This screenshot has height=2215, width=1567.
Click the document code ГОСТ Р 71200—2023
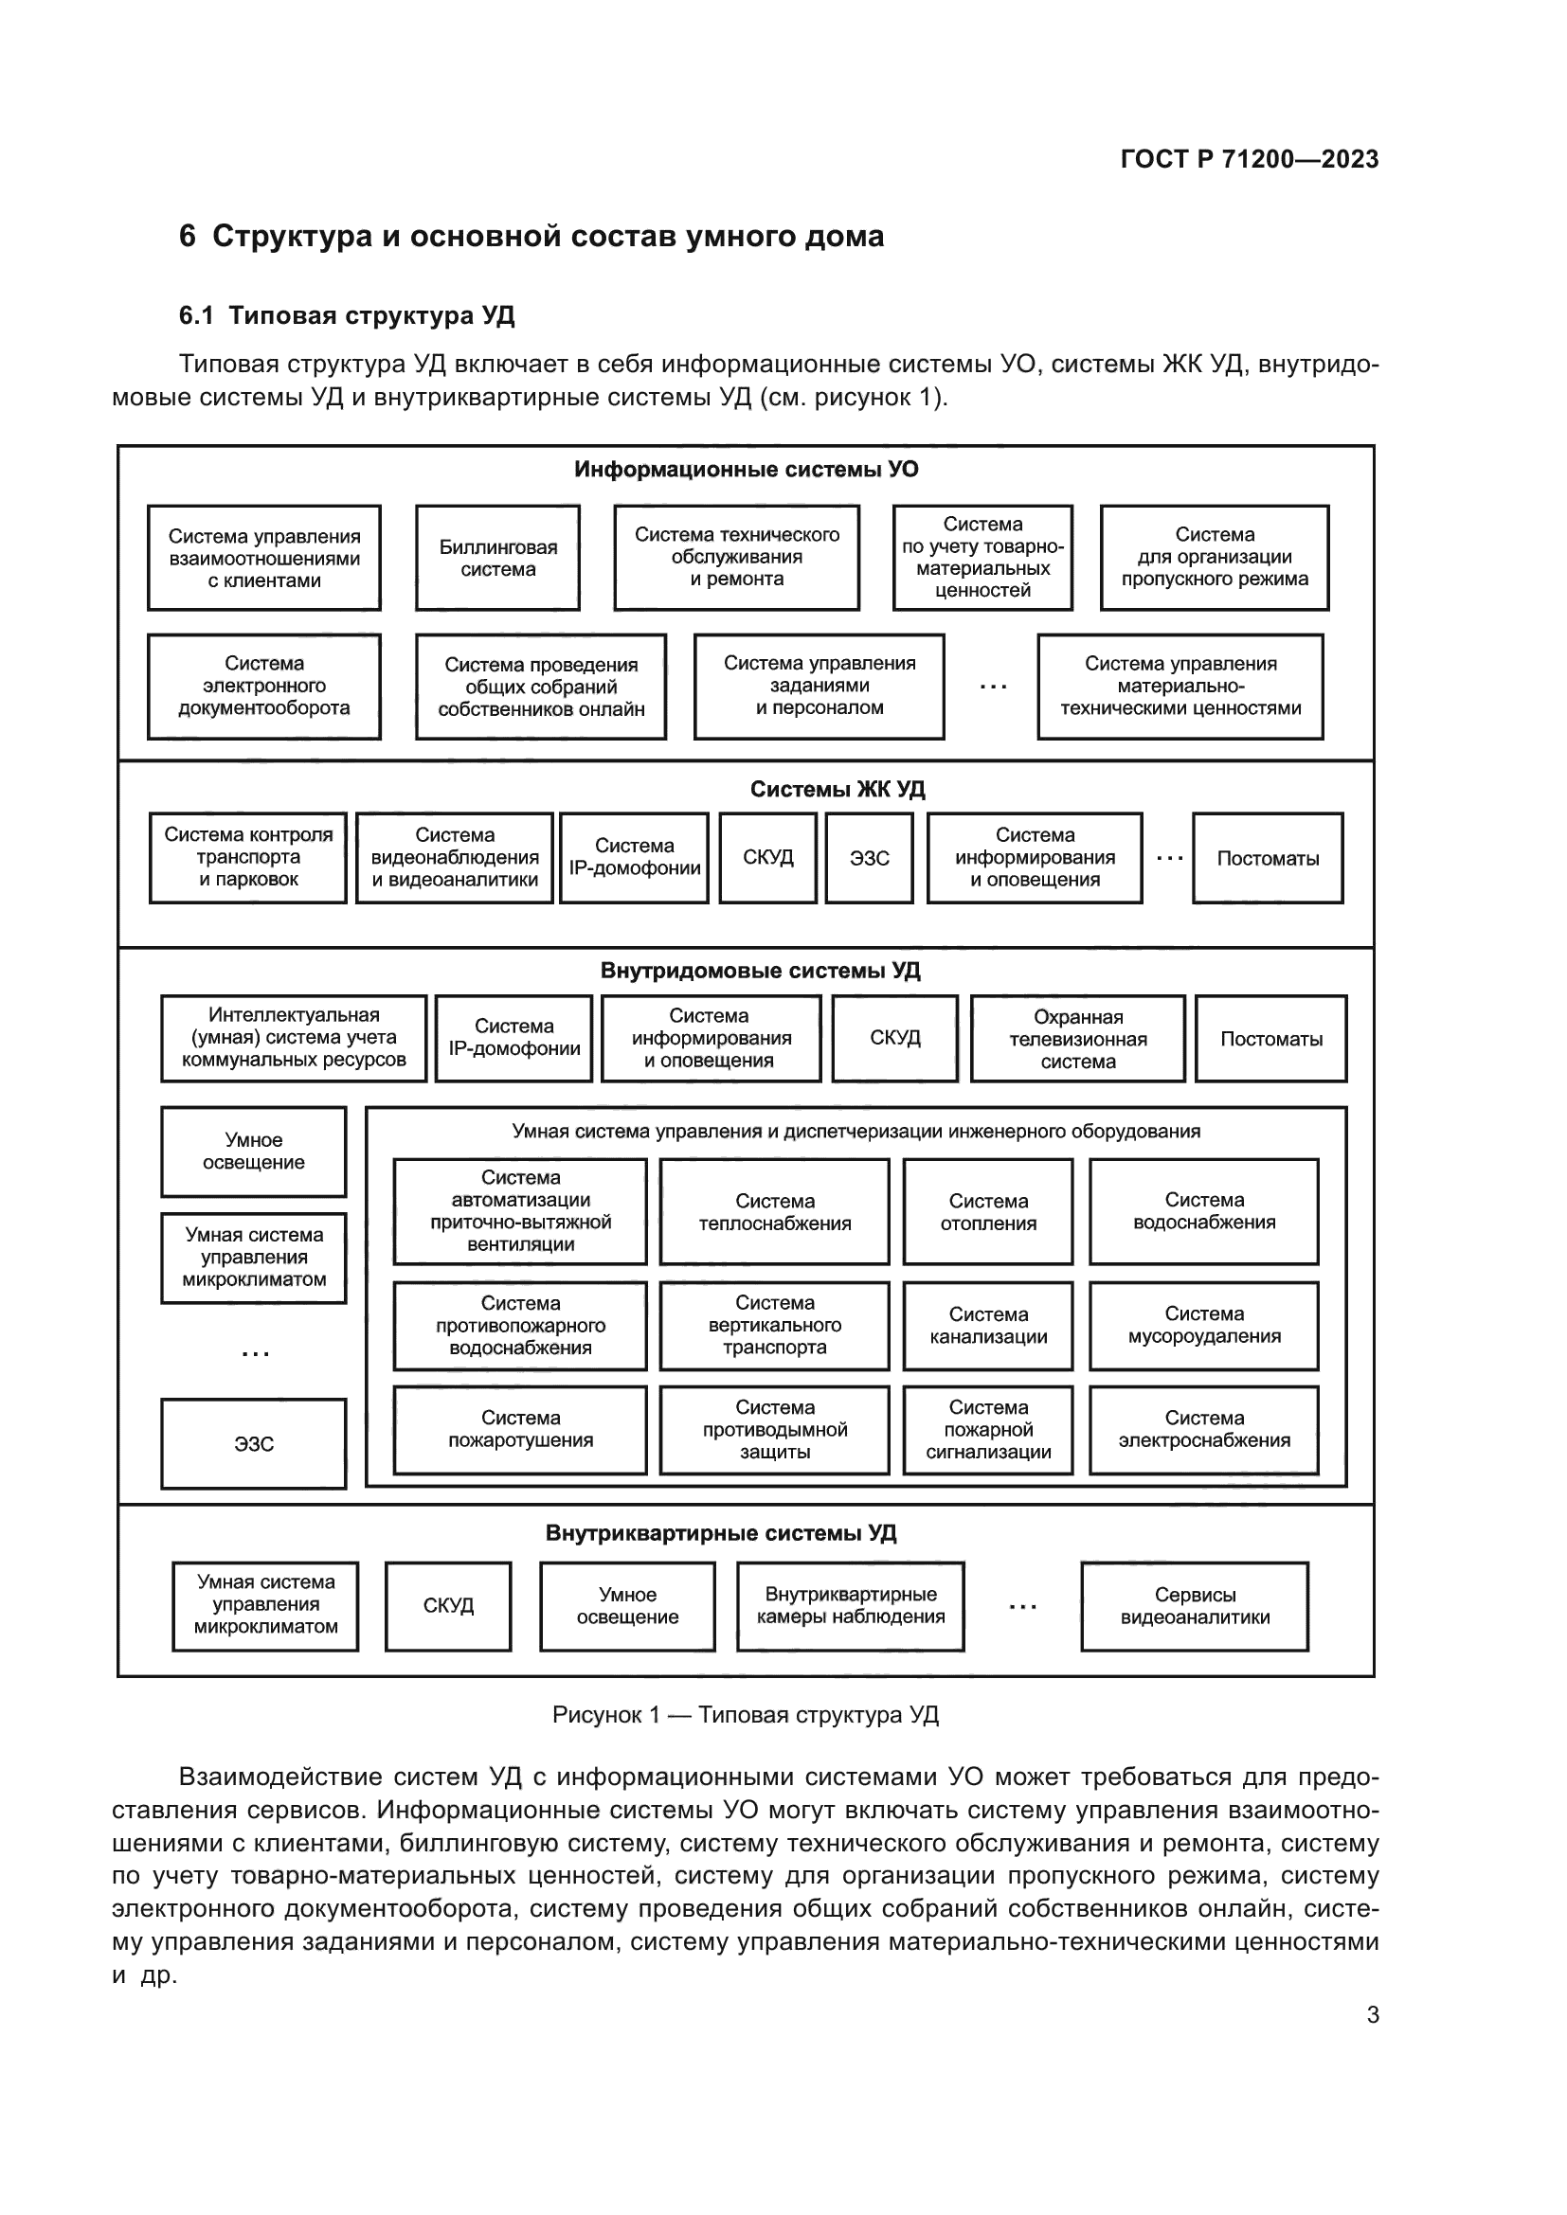[1249, 159]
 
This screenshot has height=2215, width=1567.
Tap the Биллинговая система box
[498, 558]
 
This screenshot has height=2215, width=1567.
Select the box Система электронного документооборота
[263, 686]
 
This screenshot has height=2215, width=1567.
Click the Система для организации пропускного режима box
[1214, 558]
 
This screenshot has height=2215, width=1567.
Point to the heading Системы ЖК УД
[837, 789]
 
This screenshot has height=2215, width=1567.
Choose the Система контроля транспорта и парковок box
[248, 858]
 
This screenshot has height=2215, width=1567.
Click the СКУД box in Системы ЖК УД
[768, 858]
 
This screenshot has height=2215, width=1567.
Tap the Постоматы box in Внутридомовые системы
[1270, 1039]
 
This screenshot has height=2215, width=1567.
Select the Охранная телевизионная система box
[1077, 1039]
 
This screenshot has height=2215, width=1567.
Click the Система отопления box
[988, 1212]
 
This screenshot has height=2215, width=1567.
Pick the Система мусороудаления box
[1203, 1326]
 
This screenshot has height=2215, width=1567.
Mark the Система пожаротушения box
[520, 1430]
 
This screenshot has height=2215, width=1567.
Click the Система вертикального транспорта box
[774, 1326]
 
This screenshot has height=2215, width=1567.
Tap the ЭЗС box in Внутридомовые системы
[254, 1444]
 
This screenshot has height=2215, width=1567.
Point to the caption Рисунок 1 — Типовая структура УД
[745, 1714]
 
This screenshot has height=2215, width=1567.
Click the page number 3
[1372, 2014]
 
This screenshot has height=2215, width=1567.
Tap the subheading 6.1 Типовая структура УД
[347, 315]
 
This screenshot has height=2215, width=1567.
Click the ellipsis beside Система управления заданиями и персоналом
[992, 687]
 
